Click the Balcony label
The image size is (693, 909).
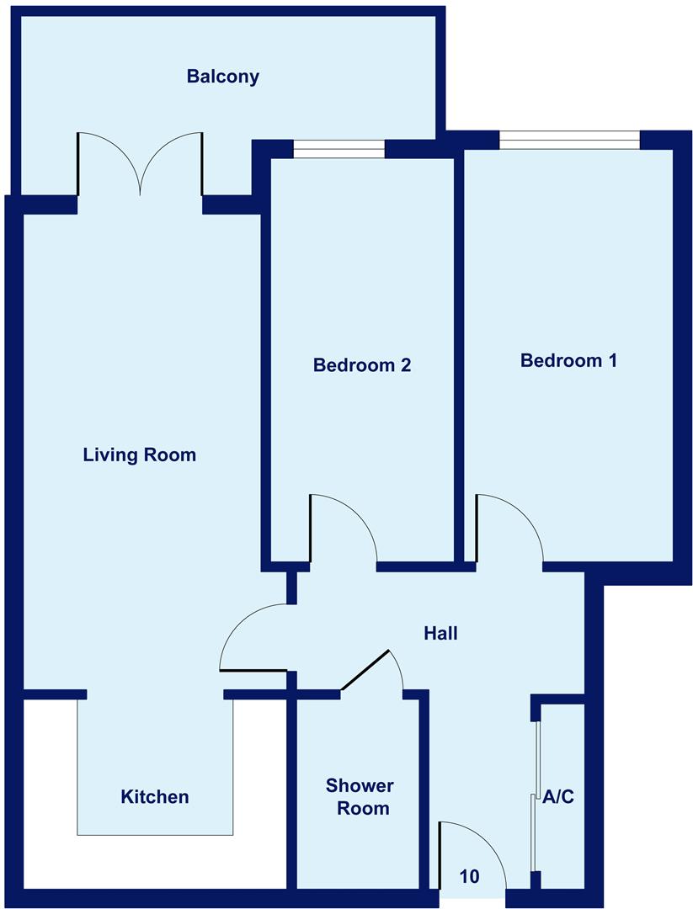pos(223,77)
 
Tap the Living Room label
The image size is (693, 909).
pos(139,455)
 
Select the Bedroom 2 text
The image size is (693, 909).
pos(361,365)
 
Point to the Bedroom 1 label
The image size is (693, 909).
pos(569,360)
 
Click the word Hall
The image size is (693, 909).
pos(440,633)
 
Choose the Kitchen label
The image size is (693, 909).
pos(155,796)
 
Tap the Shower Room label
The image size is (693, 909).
pos(360,797)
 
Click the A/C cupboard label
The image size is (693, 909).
pos(558,796)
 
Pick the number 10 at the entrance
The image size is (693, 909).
pos(470,876)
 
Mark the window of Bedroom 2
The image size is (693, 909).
pos(339,150)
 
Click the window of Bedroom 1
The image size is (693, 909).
pos(569,140)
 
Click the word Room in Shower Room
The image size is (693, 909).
pos(363,809)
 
